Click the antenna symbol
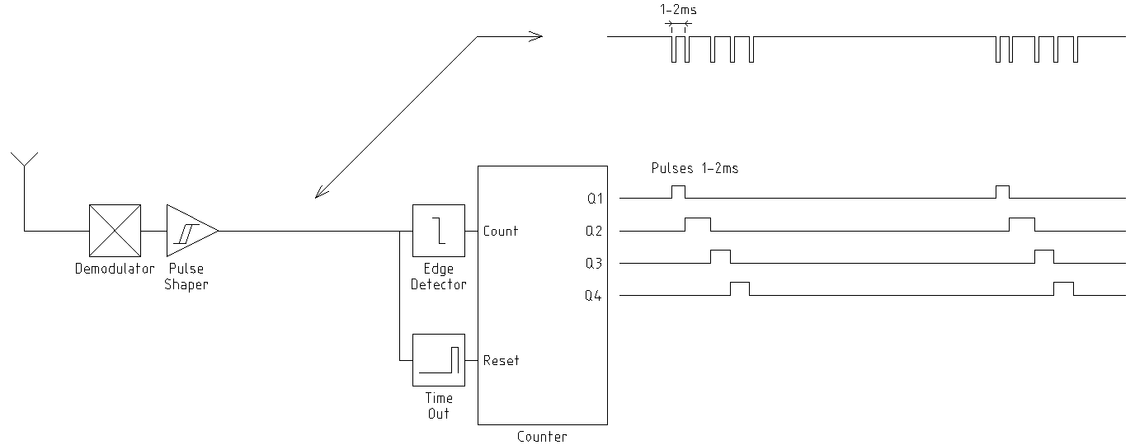coord(24,161)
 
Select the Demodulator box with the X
coord(115,231)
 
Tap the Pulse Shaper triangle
coord(189,231)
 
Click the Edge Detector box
coord(438,231)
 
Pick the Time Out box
coord(438,360)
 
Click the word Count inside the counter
coord(501,231)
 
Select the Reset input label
coord(501,360)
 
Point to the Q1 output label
coord(594,198)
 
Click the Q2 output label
coord(594,231)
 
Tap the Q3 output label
coord(594,263)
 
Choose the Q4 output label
coord(594,295)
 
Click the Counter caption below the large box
coord(542,437)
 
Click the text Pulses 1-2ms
coord(695,168)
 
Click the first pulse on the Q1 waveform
coord(678,191)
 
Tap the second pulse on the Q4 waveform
coord(1063,288)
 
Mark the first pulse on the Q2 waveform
coord(698,223)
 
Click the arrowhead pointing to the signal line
coord(320,194)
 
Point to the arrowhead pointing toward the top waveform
coord(536,36)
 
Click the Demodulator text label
coord(115,269)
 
